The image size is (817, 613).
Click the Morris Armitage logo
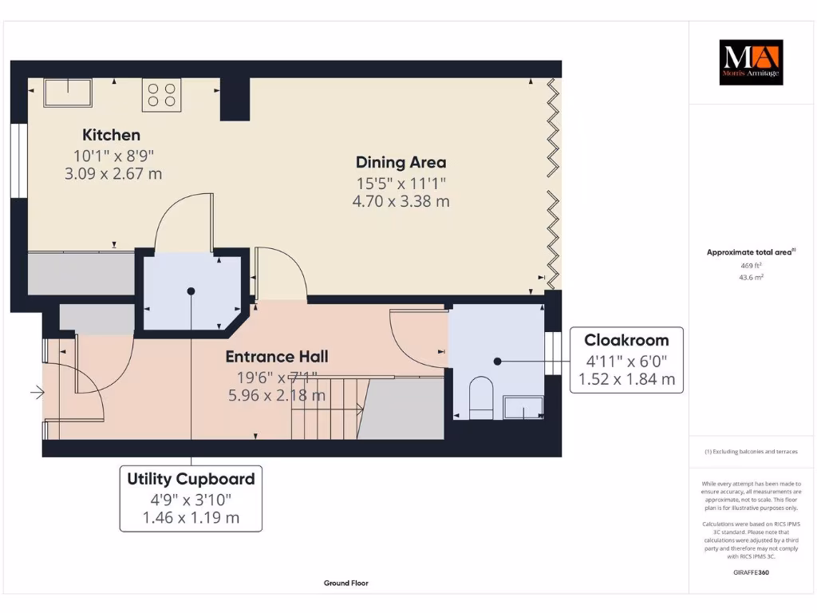pos(751,62)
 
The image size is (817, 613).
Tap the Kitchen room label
pos(111,135)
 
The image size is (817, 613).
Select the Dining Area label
pos(401,163)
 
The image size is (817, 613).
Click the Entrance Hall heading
pos(277,357)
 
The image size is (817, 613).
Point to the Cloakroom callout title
pos(626,340)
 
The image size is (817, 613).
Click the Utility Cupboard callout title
pos(191,479)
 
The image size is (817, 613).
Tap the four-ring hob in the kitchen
pos(161,95)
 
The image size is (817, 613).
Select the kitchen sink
pos(68,93)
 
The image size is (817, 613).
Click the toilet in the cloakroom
pos(481,397)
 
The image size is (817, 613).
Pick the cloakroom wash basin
pos(523,407)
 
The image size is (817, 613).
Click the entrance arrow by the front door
pos(37,392)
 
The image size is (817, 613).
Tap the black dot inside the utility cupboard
pos(191,291)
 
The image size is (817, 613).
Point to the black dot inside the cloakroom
pos(498,362)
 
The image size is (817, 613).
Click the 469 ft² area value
pos(751,266)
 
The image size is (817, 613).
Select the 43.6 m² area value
pos(751,277)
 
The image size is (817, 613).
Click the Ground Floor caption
pos(346,583)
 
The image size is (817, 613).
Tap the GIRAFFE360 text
pos(751,572)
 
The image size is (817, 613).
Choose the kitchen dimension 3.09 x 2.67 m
pos(113,173)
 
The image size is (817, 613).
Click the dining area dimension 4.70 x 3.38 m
pos(401,201)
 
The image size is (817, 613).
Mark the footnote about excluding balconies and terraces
pos(751,452)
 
